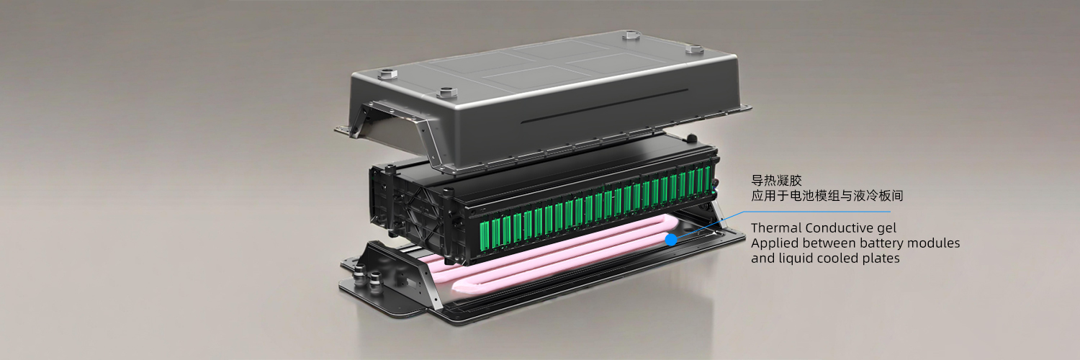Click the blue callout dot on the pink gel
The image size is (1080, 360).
tap(670, 240)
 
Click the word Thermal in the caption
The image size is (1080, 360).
tap(775, 228)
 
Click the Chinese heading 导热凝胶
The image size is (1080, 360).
tap(776, 181)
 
